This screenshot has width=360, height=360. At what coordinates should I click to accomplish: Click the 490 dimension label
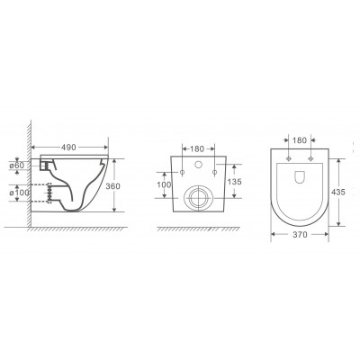(x=68, y=148)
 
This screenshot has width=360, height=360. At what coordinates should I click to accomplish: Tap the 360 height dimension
(x=113, y=186)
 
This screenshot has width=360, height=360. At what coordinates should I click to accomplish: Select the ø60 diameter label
(x=16, y=166)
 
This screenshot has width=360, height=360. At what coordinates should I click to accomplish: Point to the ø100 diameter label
(x=19, y=193)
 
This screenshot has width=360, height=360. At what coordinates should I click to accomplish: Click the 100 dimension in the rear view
(x=164, y=184)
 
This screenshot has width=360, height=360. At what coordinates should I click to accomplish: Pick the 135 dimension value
(x=234, y=182)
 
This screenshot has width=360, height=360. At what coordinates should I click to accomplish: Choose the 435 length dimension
(x=338, y=192)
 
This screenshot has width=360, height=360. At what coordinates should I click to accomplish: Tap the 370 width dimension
(x=300, y=235)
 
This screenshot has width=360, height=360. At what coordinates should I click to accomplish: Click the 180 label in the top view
(x=300, y=140)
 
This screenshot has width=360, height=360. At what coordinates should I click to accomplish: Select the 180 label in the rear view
(x=197, y=148)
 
